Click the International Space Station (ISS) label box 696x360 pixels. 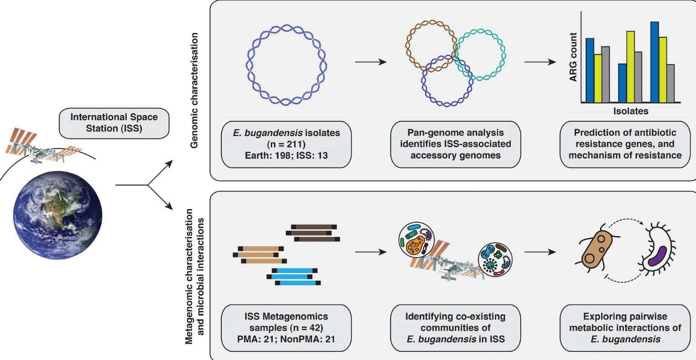click(114, 123)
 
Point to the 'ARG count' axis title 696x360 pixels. click(573, 57)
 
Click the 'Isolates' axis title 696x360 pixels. click(630, 111)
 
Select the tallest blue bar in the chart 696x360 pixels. click(655, 62)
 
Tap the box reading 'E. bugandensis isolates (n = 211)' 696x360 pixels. click(286, 144)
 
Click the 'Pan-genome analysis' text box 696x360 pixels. click(455, 144)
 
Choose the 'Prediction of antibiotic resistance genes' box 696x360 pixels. click(625, 144)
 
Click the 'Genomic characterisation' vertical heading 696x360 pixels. click(195, 90)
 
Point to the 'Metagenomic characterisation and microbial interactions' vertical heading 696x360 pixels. click(195, 276)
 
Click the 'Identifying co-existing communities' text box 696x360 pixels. click(455, 328)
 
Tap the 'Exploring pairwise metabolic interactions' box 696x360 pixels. click(625, 328)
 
